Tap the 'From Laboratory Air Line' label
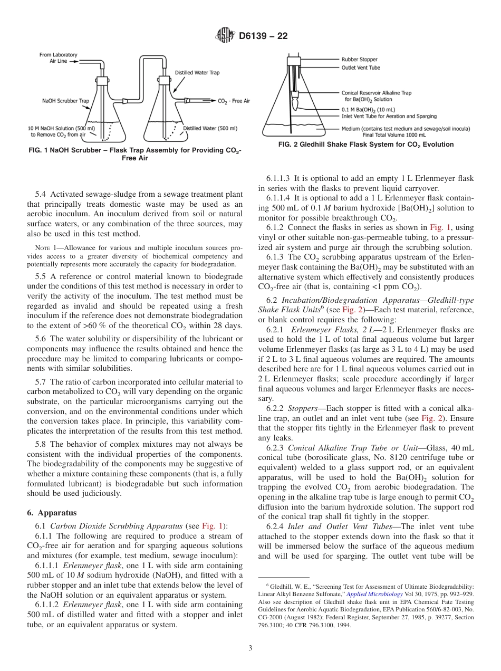click(x=59, y=58)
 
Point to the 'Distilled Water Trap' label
click(x=197, y=72)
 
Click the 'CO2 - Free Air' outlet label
click(x=234, y=101)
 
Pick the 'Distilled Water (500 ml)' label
click(x=210, y=128)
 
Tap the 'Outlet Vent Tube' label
click(x=361, y=68)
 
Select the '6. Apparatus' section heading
click(x=51, y=512)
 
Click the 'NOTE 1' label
click(x=45, y=247)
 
